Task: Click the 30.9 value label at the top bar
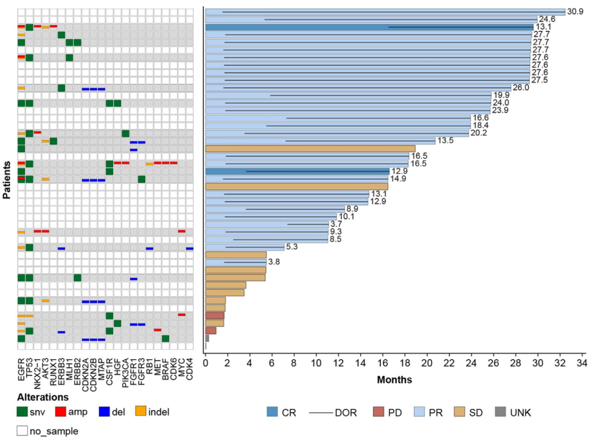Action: coord(575,12)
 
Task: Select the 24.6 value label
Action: coord(546,20)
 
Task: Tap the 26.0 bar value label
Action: coord(521,87)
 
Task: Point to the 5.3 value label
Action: coord(292,247)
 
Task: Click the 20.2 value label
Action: coord(478,133)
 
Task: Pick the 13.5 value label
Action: coord(445,141)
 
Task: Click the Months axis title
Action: coord(394,380)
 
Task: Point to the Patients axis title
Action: coord(7,181)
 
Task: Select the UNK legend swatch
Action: coord(501,413)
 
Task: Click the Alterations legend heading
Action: coord(42,398)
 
